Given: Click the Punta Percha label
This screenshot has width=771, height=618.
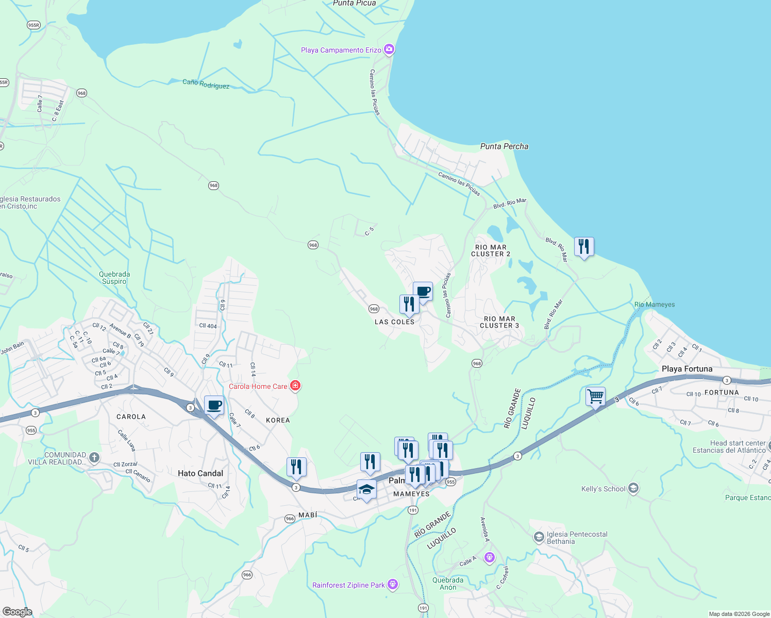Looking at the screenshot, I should coord(504,146).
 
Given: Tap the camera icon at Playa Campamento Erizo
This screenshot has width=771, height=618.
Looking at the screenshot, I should coord(389,49).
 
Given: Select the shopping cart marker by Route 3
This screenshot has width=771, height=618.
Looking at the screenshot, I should coord(595,397).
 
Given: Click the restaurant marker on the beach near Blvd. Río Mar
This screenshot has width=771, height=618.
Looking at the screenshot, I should coord(584,247).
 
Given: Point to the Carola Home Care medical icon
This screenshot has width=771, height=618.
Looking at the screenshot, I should coord(295,386).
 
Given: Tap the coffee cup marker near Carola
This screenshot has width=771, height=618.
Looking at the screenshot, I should coord(214,405).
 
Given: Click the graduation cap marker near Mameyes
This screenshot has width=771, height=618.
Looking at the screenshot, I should coord(366,489).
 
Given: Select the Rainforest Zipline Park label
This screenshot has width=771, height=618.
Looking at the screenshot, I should coord(348,585).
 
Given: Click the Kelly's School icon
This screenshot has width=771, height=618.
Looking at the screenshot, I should coord(633,488).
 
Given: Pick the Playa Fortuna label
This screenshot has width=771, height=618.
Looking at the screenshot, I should coord(686,369).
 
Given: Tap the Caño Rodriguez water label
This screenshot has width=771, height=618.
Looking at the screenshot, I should coord(206,84).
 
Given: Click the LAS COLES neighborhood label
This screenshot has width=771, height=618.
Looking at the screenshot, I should coord(394,322).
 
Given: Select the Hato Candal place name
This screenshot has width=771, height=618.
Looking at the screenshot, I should coord(200,473).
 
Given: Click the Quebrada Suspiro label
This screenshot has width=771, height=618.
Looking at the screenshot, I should coord(114,278).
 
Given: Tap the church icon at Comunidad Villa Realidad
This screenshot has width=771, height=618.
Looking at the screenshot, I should coord(94,457).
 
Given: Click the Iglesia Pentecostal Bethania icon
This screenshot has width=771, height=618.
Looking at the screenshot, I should coord(539,538).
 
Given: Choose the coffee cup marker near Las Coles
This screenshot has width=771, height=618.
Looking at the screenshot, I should coord(423,291).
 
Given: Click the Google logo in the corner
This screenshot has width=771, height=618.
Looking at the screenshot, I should coord(17,611).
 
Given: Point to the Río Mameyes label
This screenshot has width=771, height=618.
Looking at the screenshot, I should coord(655,304).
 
